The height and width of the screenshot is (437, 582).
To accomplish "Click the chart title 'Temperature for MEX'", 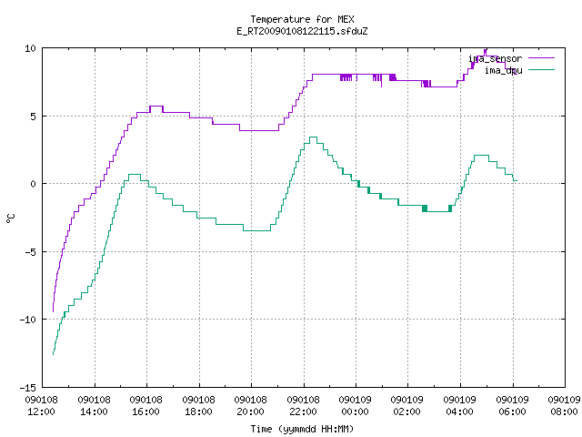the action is point(302,19).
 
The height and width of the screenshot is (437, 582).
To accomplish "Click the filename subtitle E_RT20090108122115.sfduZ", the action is point(302,31).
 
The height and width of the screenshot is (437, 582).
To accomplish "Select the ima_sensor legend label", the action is point(495,58).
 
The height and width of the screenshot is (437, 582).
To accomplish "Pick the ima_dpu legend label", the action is point(503,70).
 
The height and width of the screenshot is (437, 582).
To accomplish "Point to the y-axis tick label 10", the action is point(30,48).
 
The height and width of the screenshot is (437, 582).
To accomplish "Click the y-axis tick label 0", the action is point(34,184).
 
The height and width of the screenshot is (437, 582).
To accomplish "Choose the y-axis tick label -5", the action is point(30,252).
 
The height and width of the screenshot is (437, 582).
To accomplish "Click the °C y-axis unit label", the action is point(10,218).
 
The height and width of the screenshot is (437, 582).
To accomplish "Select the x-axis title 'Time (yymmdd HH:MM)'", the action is point(302,429).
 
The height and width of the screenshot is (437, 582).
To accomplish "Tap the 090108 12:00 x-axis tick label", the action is point(41,406).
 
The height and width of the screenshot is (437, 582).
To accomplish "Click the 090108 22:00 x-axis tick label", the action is point(303,406).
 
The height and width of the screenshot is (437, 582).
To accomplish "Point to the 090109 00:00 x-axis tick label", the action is point(356,406).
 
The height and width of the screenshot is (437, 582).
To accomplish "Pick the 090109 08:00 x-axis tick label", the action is point(564,406).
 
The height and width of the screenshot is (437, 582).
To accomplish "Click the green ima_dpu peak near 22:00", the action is point(313,137).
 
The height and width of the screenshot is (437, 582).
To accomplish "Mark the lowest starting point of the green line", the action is point(53,354).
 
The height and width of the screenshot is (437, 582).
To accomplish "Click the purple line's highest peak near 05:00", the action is point(485,50).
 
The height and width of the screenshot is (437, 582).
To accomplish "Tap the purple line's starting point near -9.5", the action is point(53,311).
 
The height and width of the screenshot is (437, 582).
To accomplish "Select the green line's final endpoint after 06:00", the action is point(517,180).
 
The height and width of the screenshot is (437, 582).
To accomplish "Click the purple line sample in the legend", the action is point(541,58).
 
